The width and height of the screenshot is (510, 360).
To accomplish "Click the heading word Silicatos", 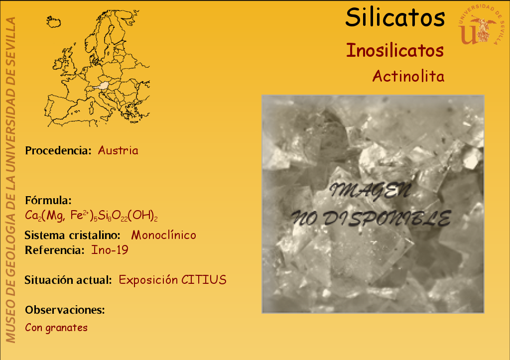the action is [x=395, y=17].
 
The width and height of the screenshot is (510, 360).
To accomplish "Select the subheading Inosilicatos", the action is [x=395, y=50].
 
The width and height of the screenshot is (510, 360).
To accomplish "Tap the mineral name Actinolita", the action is [x=408, y=76].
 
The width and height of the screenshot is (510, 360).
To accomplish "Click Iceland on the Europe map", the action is [x=53, y=22].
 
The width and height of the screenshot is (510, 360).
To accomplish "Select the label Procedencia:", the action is [x=58, y=150].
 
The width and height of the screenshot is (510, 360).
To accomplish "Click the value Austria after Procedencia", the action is [x=118, y=150].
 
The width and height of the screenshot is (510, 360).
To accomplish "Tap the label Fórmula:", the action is [x=48, y=200].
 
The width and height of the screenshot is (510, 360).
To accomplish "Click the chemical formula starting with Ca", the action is [x=92, y=216].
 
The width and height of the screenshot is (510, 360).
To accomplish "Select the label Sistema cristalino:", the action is [x=73, y=235].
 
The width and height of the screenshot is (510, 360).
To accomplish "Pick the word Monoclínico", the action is [x=163, y=235].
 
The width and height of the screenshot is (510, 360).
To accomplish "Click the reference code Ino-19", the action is [x=110, y=250].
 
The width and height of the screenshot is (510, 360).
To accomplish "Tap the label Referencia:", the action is [x=55, y=250].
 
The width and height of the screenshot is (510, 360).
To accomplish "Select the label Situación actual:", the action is [x=68, y=280].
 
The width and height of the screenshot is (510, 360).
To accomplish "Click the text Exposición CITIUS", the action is [x=172, y=280].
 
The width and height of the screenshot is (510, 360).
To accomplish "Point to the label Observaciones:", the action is [x=65, y=310].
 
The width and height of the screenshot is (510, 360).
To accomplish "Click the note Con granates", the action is [x=56, y=328].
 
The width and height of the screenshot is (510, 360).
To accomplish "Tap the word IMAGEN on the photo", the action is [x=371, y=191].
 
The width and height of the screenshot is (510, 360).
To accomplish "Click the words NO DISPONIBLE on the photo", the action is [x=371, y=218].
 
